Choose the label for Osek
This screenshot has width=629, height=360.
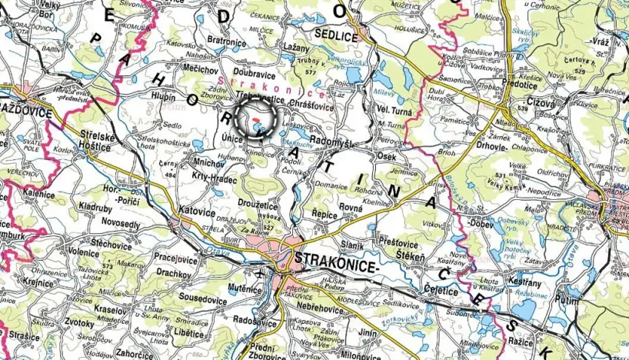(388, 157)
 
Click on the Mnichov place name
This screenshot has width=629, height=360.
(208, 164)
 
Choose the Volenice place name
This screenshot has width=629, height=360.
(84, 252)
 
